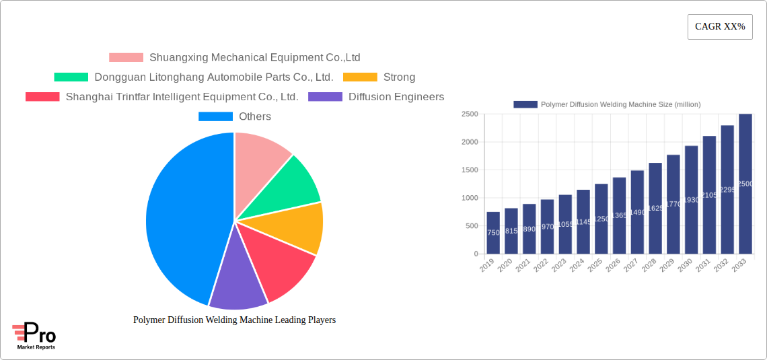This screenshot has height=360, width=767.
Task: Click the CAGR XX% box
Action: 720,27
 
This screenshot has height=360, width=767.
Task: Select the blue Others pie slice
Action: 182,215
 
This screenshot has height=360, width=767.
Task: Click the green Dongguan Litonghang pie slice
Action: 286,185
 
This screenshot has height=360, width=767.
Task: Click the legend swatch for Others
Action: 215,116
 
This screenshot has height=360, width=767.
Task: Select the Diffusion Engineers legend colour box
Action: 325,97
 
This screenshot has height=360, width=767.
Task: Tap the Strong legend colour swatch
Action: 360,77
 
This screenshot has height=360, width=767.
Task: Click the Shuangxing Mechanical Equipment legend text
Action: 254,58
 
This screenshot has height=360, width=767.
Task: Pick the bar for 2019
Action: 493,233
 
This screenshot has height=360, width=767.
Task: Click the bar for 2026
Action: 619,215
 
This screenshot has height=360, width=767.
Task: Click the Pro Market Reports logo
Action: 34,336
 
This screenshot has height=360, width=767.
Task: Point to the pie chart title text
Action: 234,320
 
